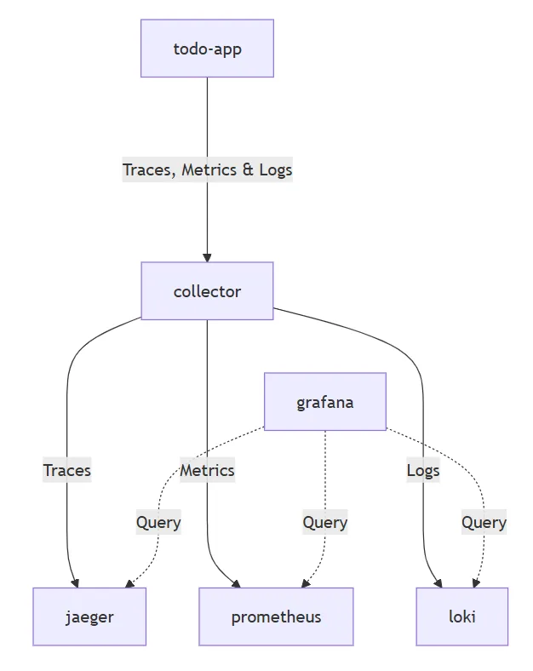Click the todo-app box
pyautogui.click(x=207, y=49)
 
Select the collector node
pyautogui.click(x=207, y=291)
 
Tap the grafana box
pyautogui.click(x=324, y=401)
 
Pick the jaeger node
pyautogui.click(x=89, y=617)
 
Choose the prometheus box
pyautogui.click(x=276, y=617)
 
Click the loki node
pyautogui.click(x=461, y=617)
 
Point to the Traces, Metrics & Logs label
pyautogui.click(x=207, y=169)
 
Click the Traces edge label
pyautogui.click(x=67, y=469)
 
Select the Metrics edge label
pyautogui.click(x=207, y=469)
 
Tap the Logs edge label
pyautogui.click(x=423, y=469)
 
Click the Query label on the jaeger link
pyautogui.click(x=158, y=522)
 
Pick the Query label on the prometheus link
pyautogui.click(x=324, y=522)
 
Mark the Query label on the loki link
pyautogui.click(x=484, y=522)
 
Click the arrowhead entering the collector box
pyautogui.click(x=207, y=257)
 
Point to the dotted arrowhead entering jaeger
pyautogui.click(x=129, y=583)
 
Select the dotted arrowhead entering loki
pyautogui.click(x=476, y=583)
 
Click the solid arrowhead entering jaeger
pyautogui.click(x=76, y=583)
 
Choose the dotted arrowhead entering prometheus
pyautogui.click(x=303, y=583)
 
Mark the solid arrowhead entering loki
pyautogui.click(x=439, y=583)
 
